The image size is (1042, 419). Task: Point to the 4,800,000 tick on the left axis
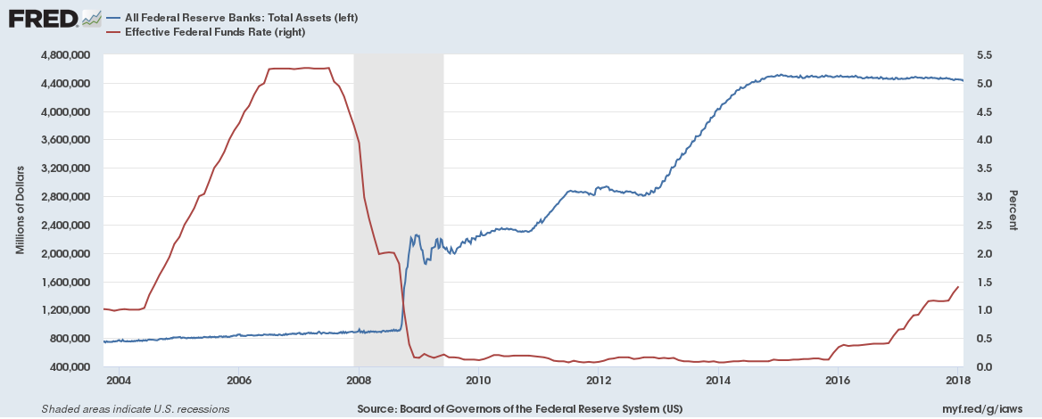coord(64,55)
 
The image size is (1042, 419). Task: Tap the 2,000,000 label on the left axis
coord(64,253)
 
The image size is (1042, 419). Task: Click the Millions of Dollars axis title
coord(21,210)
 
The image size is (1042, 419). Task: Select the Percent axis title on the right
coord(1013,210)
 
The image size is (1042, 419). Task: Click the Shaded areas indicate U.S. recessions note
coord(136,409)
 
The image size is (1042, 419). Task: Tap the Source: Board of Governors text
coord(521,409)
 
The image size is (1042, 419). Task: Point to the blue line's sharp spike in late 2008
coord(416,236)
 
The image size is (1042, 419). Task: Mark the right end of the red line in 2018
coord(958,287)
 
